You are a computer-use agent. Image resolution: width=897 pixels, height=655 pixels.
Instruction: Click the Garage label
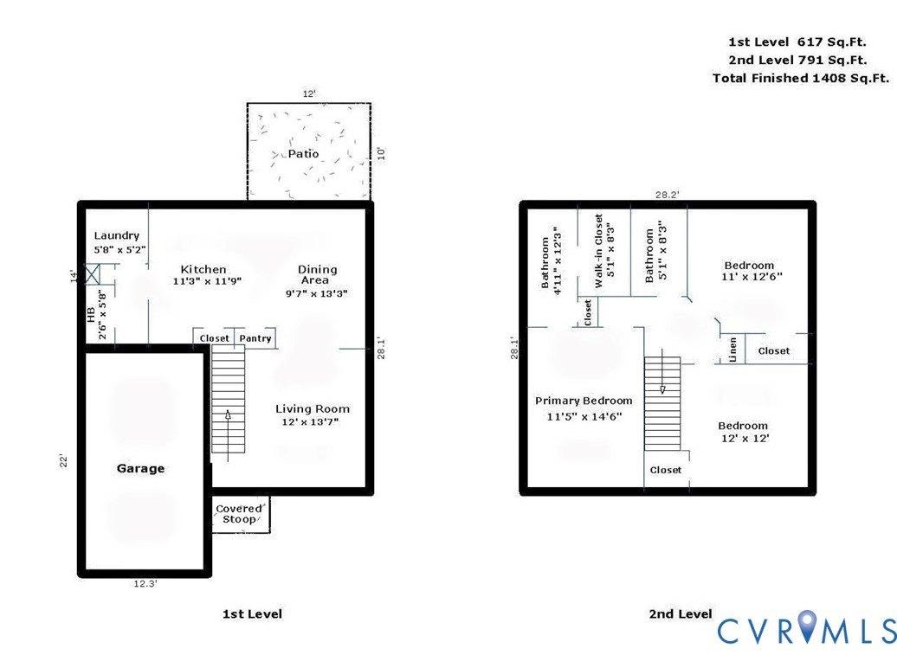tap(141, 469)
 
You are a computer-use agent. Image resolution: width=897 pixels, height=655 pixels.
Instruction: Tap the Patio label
tap(303, 154)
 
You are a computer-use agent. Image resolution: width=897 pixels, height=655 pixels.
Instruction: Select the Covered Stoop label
tap(239, 514)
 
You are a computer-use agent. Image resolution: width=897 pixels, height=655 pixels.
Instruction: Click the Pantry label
tap(255, 338)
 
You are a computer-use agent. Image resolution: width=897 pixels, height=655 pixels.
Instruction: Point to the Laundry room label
tap(117, 235)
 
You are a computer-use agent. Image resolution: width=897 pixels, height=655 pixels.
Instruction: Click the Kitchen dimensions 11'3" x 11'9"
tap(207, 281)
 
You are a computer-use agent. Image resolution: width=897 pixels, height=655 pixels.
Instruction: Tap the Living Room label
tap(313, 408)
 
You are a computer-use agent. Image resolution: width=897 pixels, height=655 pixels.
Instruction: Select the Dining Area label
tap(318, 274)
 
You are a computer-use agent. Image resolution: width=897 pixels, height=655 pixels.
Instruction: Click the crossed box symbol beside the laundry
tap(92, 274)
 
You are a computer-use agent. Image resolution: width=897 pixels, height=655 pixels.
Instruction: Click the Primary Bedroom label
tap(584, 401)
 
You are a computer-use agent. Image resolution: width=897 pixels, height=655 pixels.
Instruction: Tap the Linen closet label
tap(732, 350)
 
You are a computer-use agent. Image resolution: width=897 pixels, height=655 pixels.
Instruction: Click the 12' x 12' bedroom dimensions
tap(745, 439)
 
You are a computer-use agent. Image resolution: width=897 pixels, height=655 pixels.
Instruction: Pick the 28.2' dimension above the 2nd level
tap(667, 195)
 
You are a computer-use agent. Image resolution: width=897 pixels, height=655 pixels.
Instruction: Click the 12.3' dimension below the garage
tap(145, 583)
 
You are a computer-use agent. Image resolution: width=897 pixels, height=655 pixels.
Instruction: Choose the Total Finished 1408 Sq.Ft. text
tap(801, 78)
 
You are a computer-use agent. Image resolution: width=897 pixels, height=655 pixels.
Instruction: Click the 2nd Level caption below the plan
tap(681, 613)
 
